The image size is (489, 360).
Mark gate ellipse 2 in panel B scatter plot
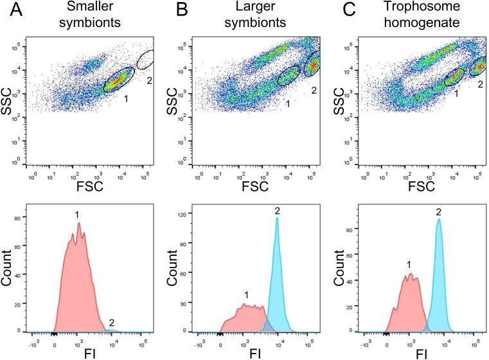(x=312, y=64)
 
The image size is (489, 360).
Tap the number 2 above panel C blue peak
(x=438, y=212)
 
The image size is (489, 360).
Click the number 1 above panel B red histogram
(x=246, y=294)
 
